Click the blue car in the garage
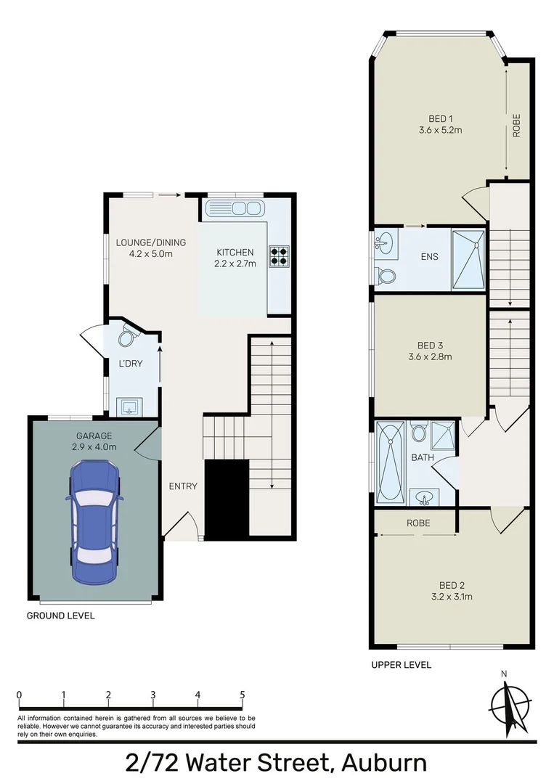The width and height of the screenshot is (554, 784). [x=94, y=523]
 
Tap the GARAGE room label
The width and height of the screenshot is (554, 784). [x=94, y=436]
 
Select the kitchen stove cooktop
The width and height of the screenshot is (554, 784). [x=280, y=255]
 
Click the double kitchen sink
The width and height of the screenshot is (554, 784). [x=234, y=209]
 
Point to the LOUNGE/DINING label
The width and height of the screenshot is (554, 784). [x=151, y=242]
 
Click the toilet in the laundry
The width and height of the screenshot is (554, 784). [x=129, y=338]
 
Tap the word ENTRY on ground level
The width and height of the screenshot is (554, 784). [x=183, y=486]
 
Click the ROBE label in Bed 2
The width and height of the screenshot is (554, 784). [x=418, y=523]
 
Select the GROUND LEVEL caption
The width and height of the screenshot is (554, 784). [x=60, y=616]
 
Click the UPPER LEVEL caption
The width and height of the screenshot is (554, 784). [x=401, y=664]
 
